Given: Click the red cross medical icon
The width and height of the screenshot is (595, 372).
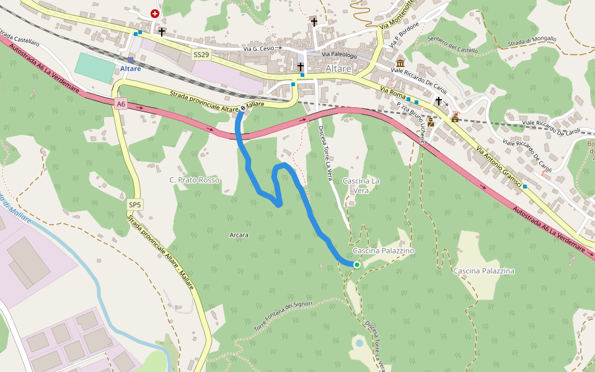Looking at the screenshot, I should coord(154,13).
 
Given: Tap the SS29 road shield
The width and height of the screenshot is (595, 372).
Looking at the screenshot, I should coord(201,55).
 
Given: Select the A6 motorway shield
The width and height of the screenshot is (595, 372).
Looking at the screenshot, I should coord(121,104).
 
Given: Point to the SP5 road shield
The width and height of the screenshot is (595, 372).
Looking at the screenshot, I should coord(134,205).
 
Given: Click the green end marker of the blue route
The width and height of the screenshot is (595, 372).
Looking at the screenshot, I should coord(357,265).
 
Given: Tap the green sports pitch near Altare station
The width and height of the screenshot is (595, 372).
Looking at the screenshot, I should coord(95,67).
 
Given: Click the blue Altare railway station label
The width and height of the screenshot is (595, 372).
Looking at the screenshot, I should coord(131,68).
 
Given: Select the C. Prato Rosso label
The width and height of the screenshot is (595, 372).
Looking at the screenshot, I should coord(195,180).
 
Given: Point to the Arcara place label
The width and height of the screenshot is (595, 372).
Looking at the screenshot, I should coord(239,235).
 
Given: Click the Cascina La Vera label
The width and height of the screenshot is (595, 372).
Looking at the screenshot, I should coord(361,185).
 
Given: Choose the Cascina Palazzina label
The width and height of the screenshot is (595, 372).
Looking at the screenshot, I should coord(483,271).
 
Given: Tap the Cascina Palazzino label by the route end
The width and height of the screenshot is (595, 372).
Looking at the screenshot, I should coord(383,250).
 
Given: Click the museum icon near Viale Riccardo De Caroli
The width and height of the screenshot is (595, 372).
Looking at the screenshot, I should coord(400,64).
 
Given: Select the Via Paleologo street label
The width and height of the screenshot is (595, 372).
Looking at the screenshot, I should coord(340,55).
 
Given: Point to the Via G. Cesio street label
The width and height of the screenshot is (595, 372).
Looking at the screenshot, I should coord(258,48).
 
